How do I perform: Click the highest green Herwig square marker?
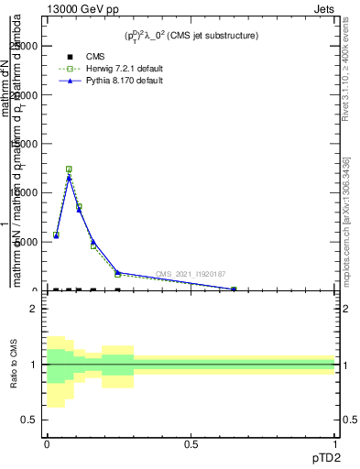click(x=69, y=169)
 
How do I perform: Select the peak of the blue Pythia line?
click(x=69, y=177)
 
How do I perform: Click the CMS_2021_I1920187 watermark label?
click(x=191, y=274)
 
